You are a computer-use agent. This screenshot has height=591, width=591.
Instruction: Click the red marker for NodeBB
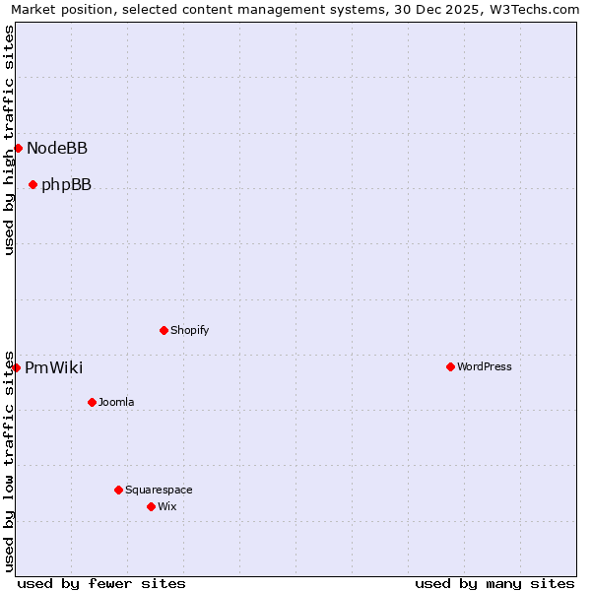tap(18, 148)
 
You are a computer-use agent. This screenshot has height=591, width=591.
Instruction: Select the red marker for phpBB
tap(33, 184)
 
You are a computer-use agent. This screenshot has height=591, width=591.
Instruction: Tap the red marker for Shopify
tap(164, 330)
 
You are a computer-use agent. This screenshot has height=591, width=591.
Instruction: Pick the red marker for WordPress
tap(450, 366)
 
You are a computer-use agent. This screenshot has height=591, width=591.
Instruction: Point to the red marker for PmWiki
tap(16, 367)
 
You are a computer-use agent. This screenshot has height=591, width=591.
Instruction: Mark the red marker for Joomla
tap(92, 402)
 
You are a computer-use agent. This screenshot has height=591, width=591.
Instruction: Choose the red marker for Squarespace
tap(118, 490)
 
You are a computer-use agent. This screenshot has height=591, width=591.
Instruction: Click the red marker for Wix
tap(151, 506)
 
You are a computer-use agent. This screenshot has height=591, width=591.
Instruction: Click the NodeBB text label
tap(57, 149)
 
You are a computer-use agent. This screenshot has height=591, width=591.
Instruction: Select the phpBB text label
tap(66, 185)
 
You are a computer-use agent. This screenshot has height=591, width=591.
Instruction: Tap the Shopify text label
tap(189, 331)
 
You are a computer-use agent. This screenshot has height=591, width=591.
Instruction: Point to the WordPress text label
tap(484, 367)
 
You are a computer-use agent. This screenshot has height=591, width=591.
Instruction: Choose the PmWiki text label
tap(53, 368)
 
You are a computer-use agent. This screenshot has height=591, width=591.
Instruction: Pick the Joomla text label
tap(116, 403)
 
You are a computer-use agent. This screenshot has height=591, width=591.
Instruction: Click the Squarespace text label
tap(159, 491)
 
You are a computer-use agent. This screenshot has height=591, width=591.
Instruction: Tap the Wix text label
tap(166, 507)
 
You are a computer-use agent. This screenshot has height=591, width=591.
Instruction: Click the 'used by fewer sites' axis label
tap(101, 583)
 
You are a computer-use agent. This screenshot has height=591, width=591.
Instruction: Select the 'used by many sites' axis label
tap(494, 583)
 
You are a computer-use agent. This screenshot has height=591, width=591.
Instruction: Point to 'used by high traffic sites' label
tap(10, 140)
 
